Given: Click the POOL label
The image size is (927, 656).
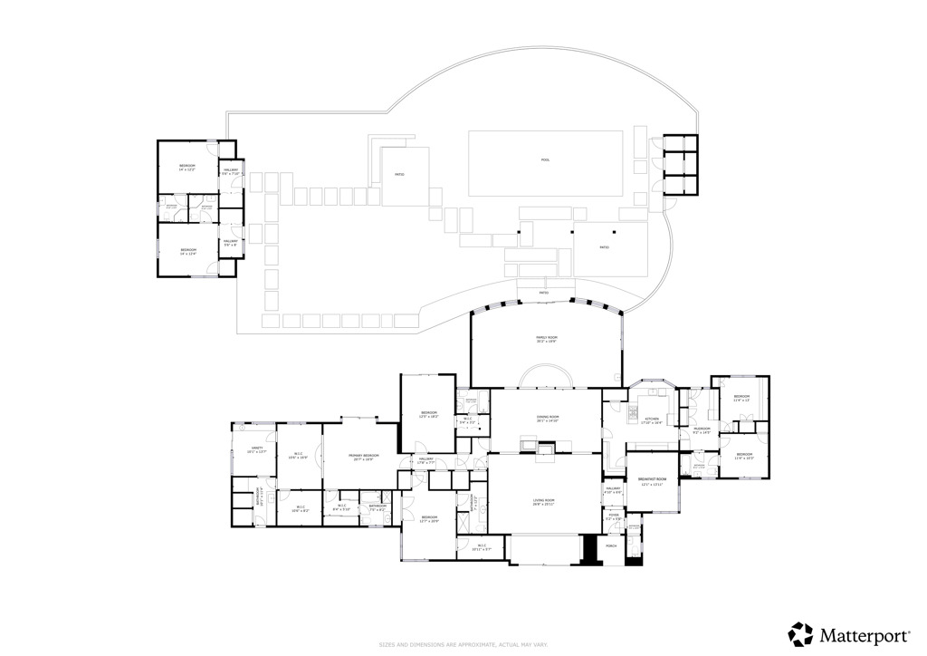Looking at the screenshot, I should [x=545, y=160].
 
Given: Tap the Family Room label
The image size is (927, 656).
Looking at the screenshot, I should [x=546, y=339].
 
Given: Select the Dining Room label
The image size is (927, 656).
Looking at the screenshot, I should [x=548, y=419].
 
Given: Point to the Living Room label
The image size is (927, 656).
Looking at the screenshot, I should [x=544, y=502].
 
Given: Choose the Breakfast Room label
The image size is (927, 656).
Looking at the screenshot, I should [x=653, y=480].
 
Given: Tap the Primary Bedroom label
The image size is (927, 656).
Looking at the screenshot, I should [x=365, y=458].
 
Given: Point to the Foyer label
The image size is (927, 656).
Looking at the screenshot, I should [x=614, y=516].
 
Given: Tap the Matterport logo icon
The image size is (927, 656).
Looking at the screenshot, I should [x=800, y=632].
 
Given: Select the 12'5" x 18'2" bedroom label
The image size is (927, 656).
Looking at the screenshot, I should [x=429, y=415].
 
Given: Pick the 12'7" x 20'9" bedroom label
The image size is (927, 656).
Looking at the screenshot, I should [x=429, y=519].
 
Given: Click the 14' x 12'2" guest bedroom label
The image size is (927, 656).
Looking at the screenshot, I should [x=187, y=168].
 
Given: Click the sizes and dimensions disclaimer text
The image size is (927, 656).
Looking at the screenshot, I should [x=463, y=645].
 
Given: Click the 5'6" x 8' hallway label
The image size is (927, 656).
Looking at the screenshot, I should [x=230, y=243].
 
